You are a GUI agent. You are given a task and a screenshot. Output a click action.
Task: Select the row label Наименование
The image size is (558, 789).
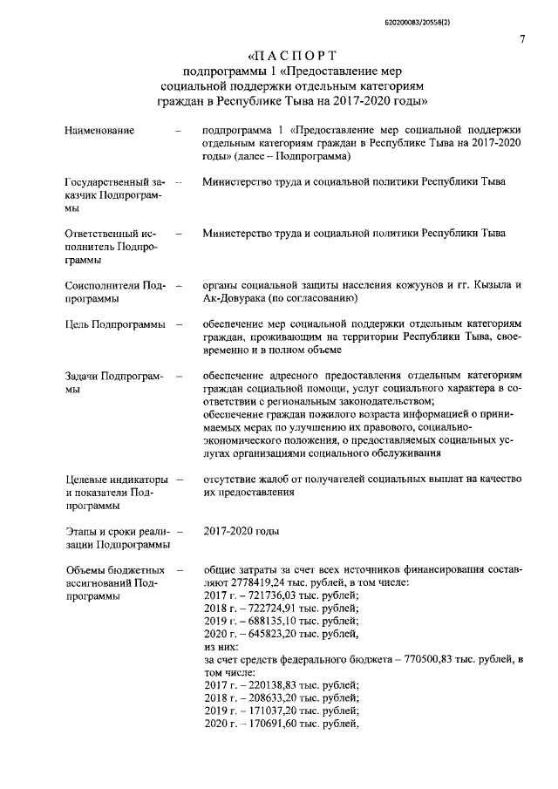pos(99,131)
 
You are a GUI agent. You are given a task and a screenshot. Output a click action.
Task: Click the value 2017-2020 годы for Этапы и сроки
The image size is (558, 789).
pos(241,530)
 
